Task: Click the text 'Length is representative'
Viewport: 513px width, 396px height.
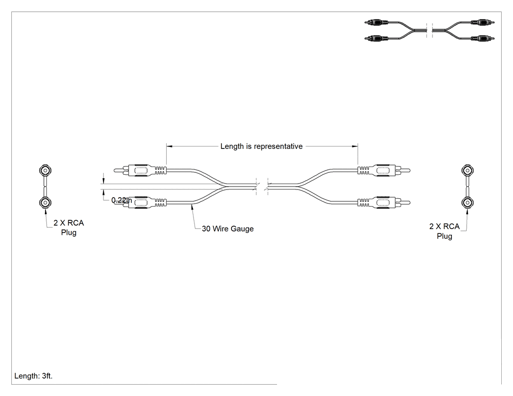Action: pos(261,146)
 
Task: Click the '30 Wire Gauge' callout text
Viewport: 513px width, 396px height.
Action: pos(228,229)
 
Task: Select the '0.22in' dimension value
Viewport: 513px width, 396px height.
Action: pos(122,200)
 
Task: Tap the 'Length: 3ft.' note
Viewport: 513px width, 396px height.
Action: pos(33,376)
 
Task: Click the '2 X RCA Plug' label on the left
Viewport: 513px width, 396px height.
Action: pos(69,228)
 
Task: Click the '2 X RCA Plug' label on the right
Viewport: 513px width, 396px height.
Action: pos(444,231)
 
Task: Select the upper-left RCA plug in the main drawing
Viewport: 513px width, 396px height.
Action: pos(140,170)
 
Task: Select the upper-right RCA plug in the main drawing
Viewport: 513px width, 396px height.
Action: pos(384,170)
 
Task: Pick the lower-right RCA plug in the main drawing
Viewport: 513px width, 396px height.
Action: pos(384,203)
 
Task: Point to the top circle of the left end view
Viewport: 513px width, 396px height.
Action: pos(45,170)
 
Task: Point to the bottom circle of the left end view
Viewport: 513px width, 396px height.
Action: pos(45,203)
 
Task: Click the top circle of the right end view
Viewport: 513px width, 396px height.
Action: pos(468,170)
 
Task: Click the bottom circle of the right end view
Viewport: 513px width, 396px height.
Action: pos(468,203)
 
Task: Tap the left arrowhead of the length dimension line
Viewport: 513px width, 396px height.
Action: pos(170,146)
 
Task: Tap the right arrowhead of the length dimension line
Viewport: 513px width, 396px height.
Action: pos(355,146)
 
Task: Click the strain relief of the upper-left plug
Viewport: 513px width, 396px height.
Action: pos(161,170)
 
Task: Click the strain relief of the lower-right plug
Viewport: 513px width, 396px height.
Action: pos(363,203)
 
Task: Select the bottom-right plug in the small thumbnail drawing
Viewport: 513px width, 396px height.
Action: pos(482,38)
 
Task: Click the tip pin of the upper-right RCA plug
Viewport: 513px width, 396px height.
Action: pos(405,170)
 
